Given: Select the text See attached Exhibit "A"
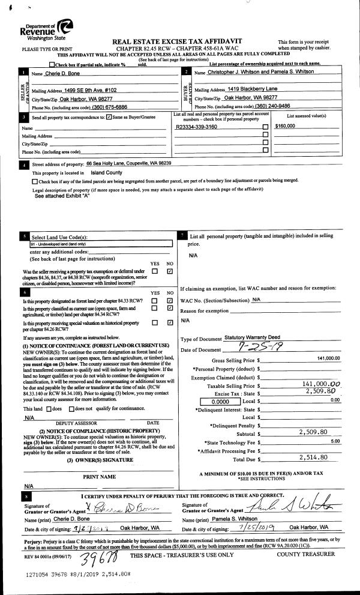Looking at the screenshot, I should [62, 196].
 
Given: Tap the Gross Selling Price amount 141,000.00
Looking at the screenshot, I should [327, 358].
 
